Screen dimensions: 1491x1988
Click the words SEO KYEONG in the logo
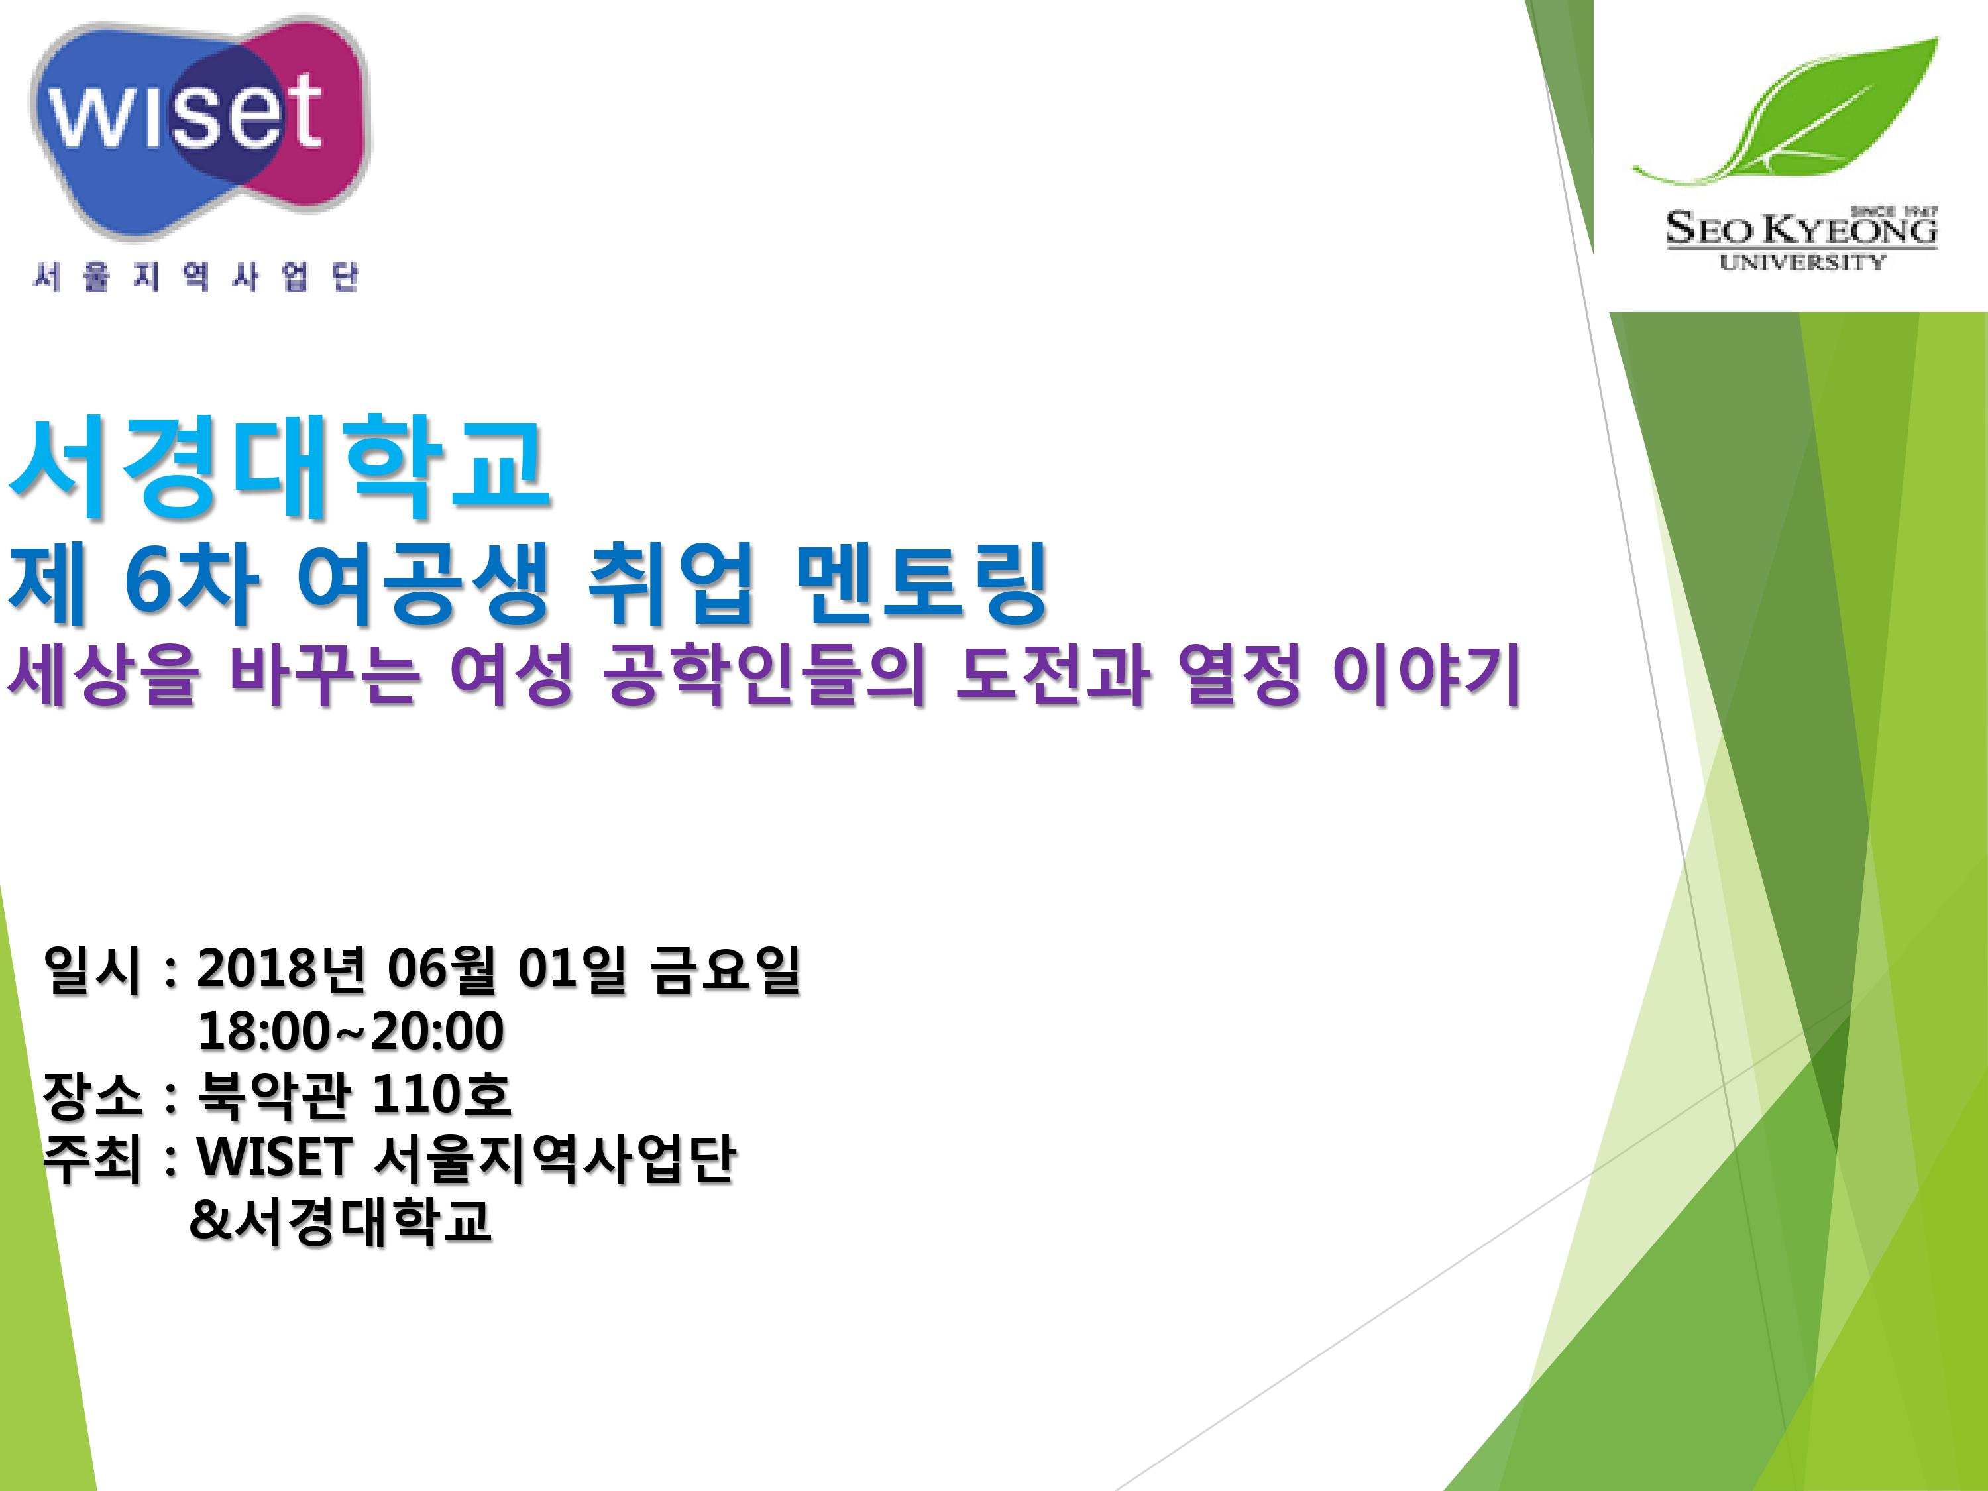tap(1801, 229)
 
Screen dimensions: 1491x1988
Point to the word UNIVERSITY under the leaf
tap(1801, 262)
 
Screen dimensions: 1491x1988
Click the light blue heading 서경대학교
tap(278, 467)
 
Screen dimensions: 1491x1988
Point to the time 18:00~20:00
tap(351, 1032)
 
